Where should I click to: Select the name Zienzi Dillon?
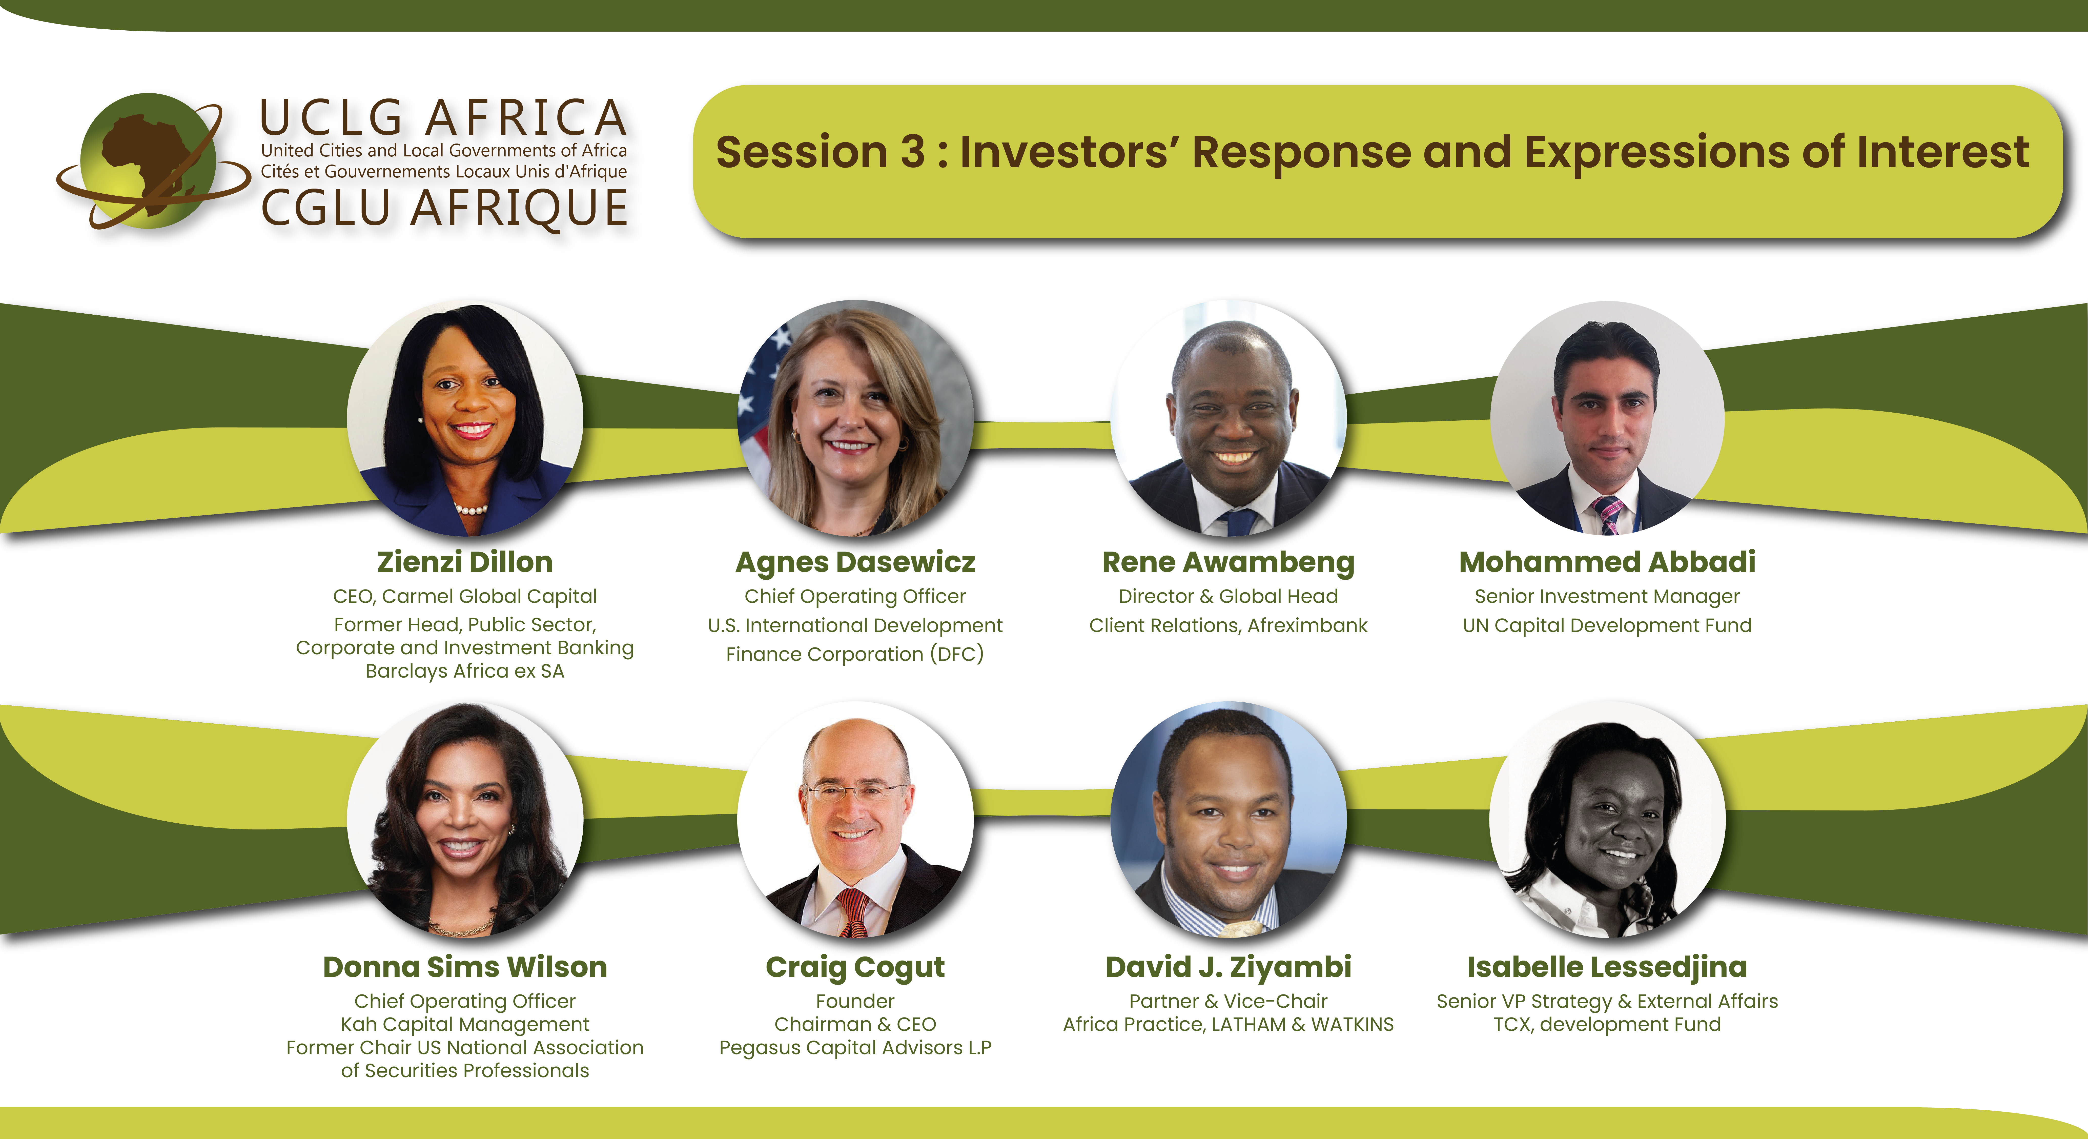pos(465,562)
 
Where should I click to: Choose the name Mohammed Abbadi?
pos(1607,562)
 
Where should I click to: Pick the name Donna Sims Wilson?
pos(465,967)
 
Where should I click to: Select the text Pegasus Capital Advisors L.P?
pos(855,1048)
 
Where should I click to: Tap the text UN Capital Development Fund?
pos(1607,626)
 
